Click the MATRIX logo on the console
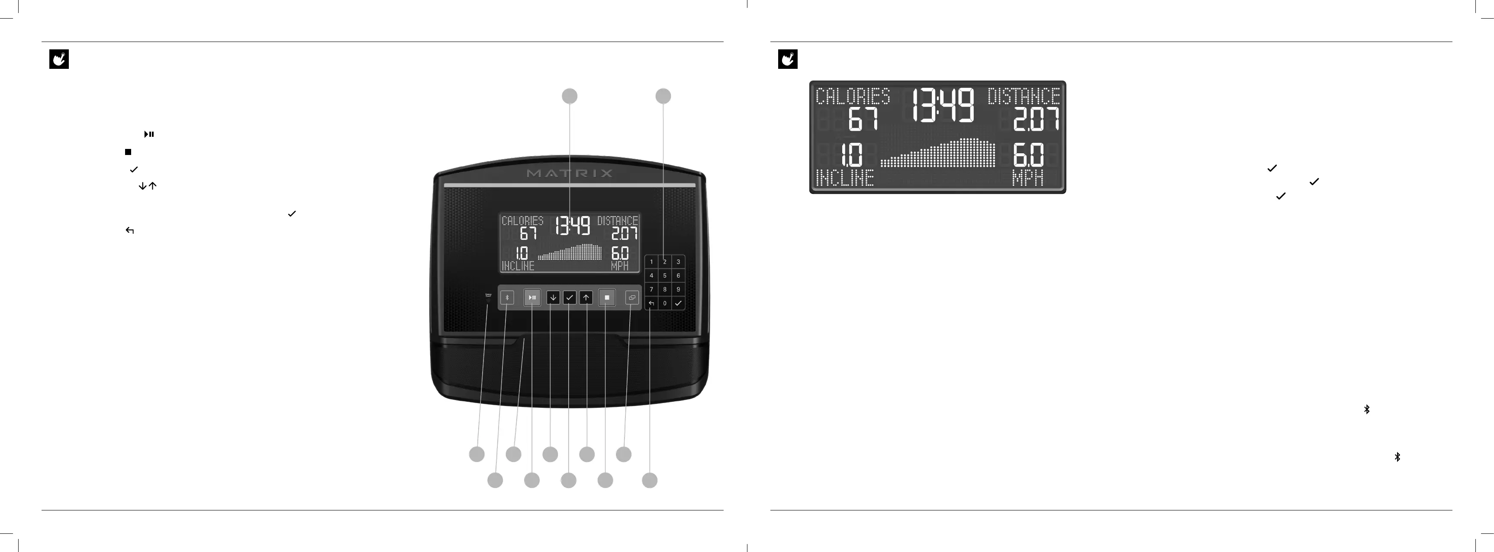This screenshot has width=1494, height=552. coord(570,173)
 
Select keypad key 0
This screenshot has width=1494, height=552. coord(665,303)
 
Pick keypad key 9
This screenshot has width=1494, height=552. coord(678,289)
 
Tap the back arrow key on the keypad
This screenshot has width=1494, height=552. coord(651,303)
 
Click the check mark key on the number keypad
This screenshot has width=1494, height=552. coord(678,303)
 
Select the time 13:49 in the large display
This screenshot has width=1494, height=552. coord(943,106)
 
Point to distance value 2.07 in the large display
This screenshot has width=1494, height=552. coord(1036,119)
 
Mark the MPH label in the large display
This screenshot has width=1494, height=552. coord(1028,178)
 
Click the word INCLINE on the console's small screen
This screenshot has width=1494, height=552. coord(518,266)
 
